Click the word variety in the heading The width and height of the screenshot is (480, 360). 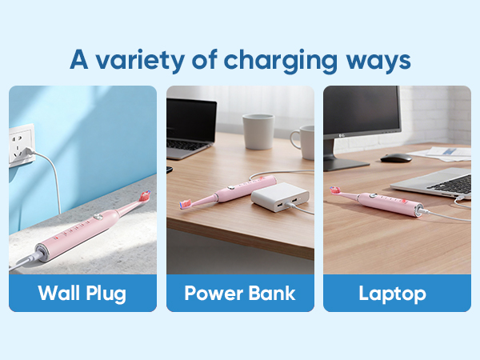pos(136,59)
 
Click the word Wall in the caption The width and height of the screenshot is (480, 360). pos(61,293)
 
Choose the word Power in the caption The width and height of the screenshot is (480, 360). pos(210,293)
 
